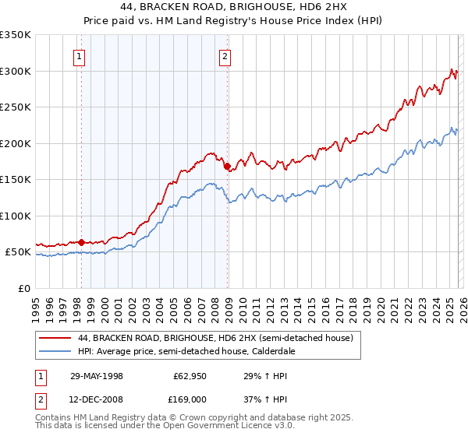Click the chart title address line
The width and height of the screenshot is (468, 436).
click(234, 7)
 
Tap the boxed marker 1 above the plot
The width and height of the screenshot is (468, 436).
click(80, 56)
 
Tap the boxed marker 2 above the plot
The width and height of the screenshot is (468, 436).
click(225, 56)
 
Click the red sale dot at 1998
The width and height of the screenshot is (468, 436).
click(81, 242)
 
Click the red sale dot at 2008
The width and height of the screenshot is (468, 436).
click(227, 166)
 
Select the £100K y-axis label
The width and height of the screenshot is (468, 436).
click(16, 216)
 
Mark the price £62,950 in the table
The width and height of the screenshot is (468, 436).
click(190, 374)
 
